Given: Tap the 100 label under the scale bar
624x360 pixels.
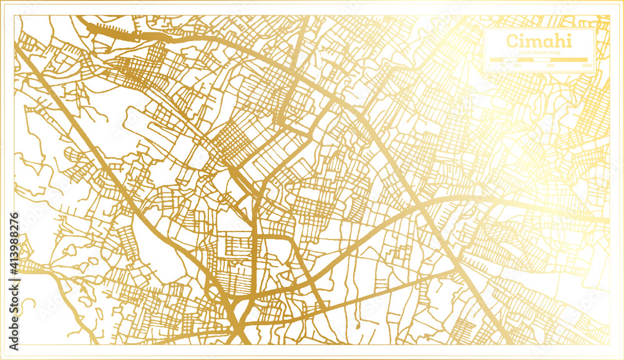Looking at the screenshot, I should pyautogui.click(x=517, y=66).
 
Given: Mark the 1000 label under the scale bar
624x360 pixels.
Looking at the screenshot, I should pyautogui.click(x=587, y=66).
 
